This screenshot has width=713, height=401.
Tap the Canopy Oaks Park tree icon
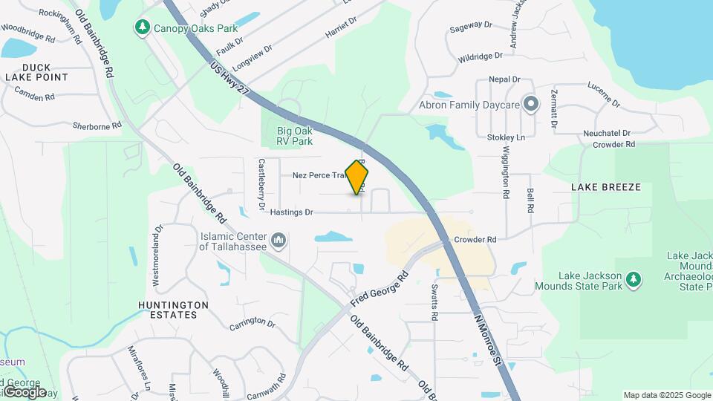(142, 27)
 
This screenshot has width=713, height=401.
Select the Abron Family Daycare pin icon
(530, 104)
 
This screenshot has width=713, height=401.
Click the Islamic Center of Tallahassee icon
(279, 240)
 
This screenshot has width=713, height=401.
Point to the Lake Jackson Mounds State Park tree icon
(634, 278)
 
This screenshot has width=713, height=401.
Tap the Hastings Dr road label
(291, 212)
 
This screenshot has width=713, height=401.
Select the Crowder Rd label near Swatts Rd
(475, 240)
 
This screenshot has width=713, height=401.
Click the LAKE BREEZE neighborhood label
(605, 187)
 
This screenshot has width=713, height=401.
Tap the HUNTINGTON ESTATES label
(168, 310)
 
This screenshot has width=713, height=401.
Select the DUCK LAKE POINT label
(36, 71)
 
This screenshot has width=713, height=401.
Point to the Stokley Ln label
(506, 137)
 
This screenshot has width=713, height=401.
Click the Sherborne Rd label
(97, 125)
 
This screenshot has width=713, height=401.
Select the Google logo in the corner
(25, 392)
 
